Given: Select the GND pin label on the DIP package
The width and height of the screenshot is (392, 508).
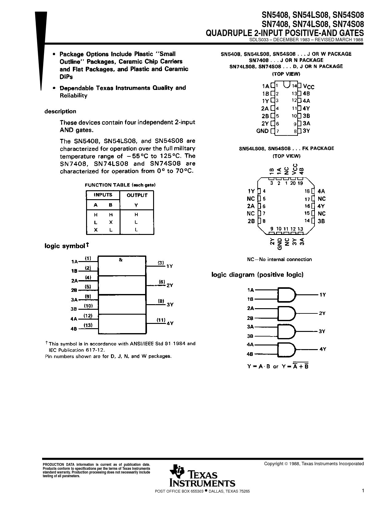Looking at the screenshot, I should [x=262, y=131].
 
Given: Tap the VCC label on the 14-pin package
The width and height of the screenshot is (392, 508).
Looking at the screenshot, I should [x=308, y=87].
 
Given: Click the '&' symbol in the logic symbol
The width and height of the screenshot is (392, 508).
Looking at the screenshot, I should [x=121, y=260].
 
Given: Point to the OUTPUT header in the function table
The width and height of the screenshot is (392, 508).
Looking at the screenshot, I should [x=137, y=195].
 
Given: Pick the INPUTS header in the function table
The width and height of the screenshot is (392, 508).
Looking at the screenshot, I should [x=103, y=195].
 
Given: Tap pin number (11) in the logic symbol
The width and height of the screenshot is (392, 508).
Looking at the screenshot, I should [x=161, y=320].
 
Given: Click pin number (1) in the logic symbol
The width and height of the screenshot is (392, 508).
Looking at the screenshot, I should [x=88, y=258].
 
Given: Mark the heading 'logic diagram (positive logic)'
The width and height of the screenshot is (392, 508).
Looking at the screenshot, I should [x=257, y=275].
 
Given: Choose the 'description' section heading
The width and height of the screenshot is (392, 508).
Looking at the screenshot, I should [x=60, y=111].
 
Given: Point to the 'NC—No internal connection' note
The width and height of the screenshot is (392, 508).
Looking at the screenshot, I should [x=279, y=259].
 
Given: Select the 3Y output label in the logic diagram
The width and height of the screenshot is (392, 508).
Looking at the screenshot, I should [x=322, y=331].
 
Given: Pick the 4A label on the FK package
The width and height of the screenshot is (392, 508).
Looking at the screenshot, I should [x=321, y=191].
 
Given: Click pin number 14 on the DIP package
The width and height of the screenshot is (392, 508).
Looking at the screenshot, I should [x=295, y=86].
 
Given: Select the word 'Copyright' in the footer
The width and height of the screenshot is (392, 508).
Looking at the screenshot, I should [x=274, y=464].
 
